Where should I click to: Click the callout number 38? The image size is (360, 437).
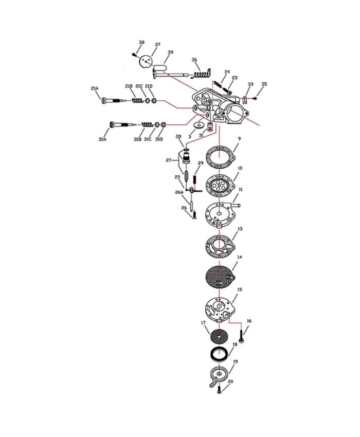click(x=141, y=42)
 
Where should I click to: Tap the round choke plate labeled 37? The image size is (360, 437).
click(x=146, y=62)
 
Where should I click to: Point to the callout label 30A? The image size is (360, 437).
click(x=102, y=139)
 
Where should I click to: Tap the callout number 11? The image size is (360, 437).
click(x=240, y=190)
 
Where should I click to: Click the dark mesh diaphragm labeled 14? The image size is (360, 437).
click(x=220, y=276)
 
